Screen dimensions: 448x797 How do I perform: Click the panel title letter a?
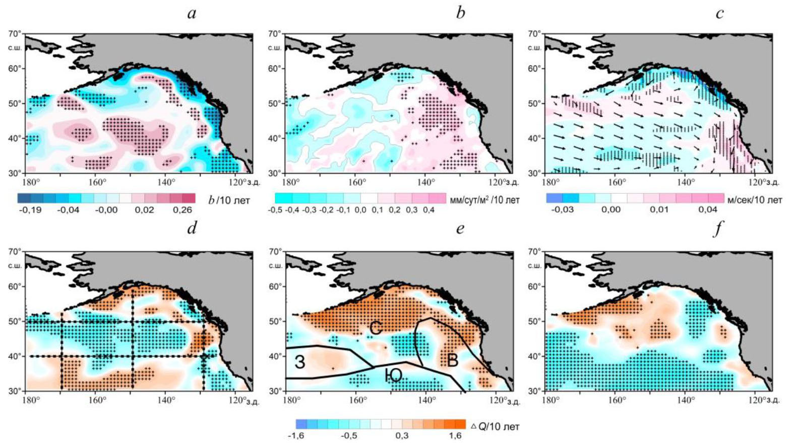[x=192, y=13]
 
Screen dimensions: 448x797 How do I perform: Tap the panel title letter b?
[x=460, y=13]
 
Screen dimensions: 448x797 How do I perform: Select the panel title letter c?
[x=719, y=13]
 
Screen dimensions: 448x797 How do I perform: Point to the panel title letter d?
[x=192, y=229]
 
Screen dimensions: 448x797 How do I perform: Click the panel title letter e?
[x=460, y=230]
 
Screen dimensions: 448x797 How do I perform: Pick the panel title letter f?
[x=718, y=229]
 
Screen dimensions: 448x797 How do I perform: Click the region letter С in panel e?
[x=376, y=327]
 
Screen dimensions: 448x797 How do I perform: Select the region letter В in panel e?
[x=453, y=360]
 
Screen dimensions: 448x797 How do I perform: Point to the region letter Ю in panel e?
[x=393, y=375]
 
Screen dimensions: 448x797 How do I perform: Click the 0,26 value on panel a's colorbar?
[x=182, y=210]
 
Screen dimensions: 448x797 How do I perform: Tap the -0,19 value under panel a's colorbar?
[x=30, y=210]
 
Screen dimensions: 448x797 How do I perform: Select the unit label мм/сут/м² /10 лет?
[x=484, y=200]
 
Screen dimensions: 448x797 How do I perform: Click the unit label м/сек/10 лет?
[x=755, y=200]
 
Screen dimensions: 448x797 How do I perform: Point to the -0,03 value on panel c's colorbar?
[x=562, y=209]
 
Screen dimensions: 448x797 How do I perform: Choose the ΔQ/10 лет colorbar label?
[x=495, y=426]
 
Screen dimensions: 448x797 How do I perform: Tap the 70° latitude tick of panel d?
[x=15, y=251]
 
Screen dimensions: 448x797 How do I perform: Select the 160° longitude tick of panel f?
[x=617, y=400]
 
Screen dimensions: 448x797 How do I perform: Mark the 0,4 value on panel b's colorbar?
[x=428, y=210]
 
